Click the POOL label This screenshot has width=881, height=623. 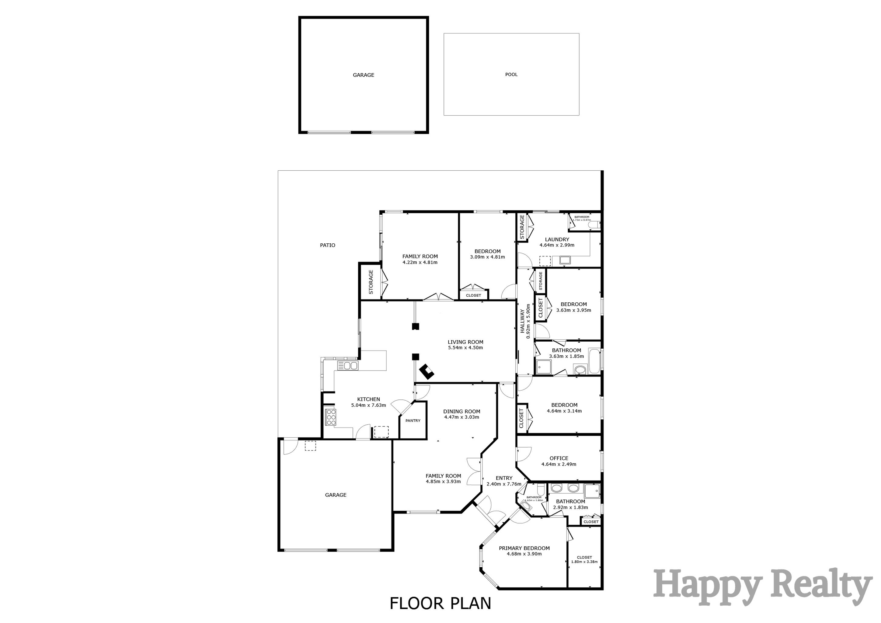(511, 75)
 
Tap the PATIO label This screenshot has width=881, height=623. (327, 245)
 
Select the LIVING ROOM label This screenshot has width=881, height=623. (465, 342)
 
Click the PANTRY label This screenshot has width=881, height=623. (413, 420)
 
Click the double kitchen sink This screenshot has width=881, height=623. (79, 366)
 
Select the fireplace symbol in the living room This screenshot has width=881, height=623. (426, 371)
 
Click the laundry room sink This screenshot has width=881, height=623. (565, 260)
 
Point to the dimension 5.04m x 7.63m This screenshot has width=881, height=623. (368, 405)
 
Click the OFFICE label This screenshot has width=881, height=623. (559, 458)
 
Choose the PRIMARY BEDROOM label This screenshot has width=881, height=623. (524, 548)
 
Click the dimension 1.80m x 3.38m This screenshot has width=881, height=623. (584, 562)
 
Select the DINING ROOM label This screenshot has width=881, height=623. (461, 411)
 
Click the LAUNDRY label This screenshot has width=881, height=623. (557, 239)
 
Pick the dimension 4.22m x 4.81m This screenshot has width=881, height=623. (420, 263)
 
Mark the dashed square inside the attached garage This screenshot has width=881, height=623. (310, 446)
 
